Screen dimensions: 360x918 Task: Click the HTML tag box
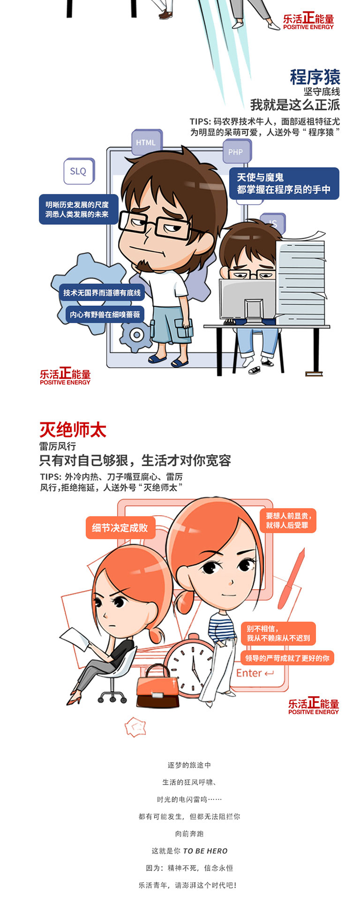(146, 142)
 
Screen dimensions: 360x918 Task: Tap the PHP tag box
(236, 152)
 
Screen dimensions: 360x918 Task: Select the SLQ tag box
(79, 171)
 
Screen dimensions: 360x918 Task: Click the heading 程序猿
(315, 77)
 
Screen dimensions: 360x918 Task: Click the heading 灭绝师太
(73, 430)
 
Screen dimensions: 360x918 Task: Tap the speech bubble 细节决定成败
(120, 528)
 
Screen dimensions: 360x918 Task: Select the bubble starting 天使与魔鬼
(284, 183)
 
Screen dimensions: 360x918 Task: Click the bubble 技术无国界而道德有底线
(102, 293)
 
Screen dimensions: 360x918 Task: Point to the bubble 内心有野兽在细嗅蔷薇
(105, 314)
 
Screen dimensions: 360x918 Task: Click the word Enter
(249, 673)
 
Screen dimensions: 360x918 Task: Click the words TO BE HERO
(205, 851)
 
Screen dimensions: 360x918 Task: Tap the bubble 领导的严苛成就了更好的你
(288, 658)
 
